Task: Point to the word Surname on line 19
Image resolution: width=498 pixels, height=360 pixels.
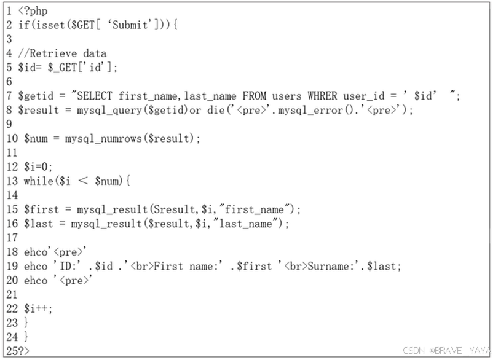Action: [328, 266]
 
